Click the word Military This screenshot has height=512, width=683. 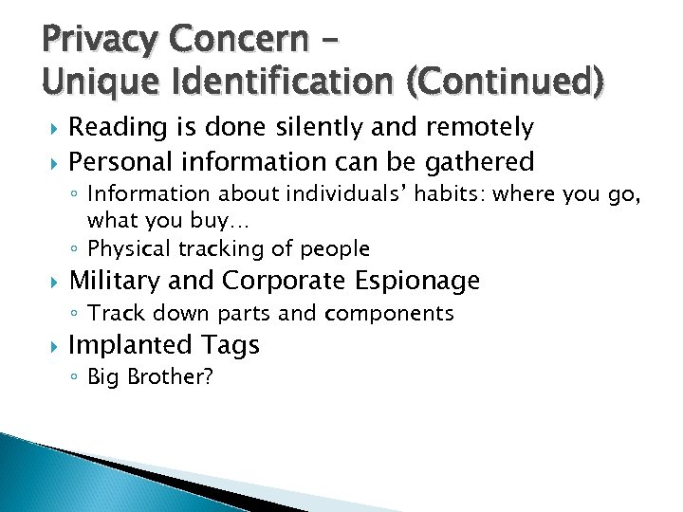118,281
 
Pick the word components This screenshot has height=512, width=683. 389,313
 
